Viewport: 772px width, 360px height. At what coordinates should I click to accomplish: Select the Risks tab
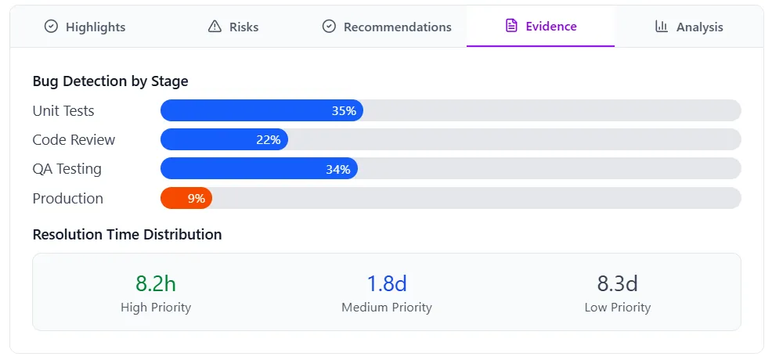233,27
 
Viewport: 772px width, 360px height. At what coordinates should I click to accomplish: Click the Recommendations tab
387,27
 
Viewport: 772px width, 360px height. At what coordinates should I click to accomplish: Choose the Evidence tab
540,27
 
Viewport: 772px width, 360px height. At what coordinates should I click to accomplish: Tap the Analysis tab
689,27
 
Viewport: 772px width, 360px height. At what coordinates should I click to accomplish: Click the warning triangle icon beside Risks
215,27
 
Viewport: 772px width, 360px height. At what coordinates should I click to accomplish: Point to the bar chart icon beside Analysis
662,27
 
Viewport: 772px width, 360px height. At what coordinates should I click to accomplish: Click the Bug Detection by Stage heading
110,81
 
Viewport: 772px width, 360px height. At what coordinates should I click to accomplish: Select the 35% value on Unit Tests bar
344,111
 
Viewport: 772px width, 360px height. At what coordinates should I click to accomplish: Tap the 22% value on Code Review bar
268,140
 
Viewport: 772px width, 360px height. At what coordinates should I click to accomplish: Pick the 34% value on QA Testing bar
337,169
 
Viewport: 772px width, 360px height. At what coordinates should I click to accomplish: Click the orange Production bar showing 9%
186,199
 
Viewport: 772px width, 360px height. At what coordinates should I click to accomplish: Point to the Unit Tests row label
63,111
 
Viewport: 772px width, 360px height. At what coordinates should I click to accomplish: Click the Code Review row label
74,140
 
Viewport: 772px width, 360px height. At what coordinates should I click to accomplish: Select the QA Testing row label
67,169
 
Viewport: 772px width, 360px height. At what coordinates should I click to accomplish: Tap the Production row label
68,199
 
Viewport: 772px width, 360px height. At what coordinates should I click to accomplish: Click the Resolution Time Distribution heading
127,235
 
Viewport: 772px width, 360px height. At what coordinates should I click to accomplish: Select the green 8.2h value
156,283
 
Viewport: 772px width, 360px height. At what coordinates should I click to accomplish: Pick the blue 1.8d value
387,283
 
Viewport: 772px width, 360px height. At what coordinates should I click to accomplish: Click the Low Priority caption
617,308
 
